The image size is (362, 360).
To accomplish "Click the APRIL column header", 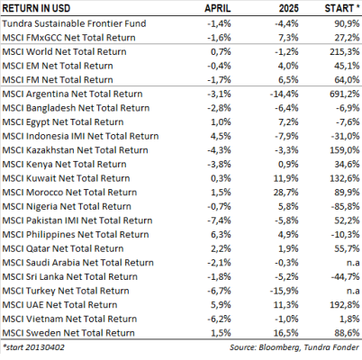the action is (218, 8).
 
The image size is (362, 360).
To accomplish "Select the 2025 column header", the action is (289, 8).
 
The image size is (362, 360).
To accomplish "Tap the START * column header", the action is (342, 8).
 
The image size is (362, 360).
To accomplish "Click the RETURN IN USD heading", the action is (36, 8).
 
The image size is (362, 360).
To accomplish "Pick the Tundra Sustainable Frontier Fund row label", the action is (74, 23).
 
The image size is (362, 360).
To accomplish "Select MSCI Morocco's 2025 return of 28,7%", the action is (286, 193).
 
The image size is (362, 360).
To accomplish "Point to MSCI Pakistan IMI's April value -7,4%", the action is (219, 220).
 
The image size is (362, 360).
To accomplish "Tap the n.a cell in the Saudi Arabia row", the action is (353, 263).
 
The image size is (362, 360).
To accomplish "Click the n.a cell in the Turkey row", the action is (353, 291).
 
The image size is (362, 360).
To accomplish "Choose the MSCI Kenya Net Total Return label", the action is (64, 164).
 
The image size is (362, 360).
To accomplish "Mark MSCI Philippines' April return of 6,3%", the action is (221, 235).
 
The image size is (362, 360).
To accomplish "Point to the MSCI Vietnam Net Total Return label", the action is (69, 319).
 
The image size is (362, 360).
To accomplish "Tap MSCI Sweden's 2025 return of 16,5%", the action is (286, 333).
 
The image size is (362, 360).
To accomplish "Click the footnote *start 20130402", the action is (33, 347).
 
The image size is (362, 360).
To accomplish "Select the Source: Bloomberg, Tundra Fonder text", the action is (294, 347).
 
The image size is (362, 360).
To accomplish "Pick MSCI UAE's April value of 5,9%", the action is (221, 305).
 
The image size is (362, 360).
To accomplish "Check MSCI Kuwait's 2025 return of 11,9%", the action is (286, 178).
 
